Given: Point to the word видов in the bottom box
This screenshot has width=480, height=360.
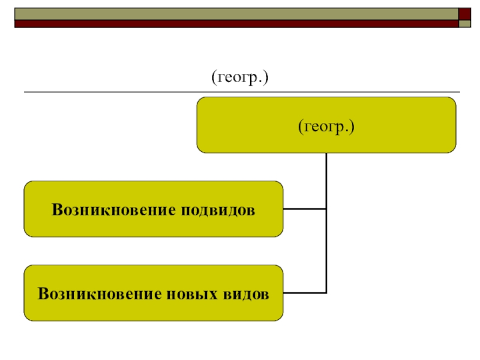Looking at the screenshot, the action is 245,294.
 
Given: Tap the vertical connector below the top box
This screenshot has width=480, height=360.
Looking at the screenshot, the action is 326,180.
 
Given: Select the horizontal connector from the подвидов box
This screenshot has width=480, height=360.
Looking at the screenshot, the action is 304,209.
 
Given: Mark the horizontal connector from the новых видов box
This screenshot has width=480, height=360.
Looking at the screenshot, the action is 304,293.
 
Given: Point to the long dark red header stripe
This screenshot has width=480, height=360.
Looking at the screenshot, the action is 234,24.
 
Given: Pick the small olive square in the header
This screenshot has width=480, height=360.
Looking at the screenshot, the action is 466,24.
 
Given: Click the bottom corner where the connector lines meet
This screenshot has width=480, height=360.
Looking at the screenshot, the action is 326,293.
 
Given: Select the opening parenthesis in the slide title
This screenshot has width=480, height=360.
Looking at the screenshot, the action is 212,79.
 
